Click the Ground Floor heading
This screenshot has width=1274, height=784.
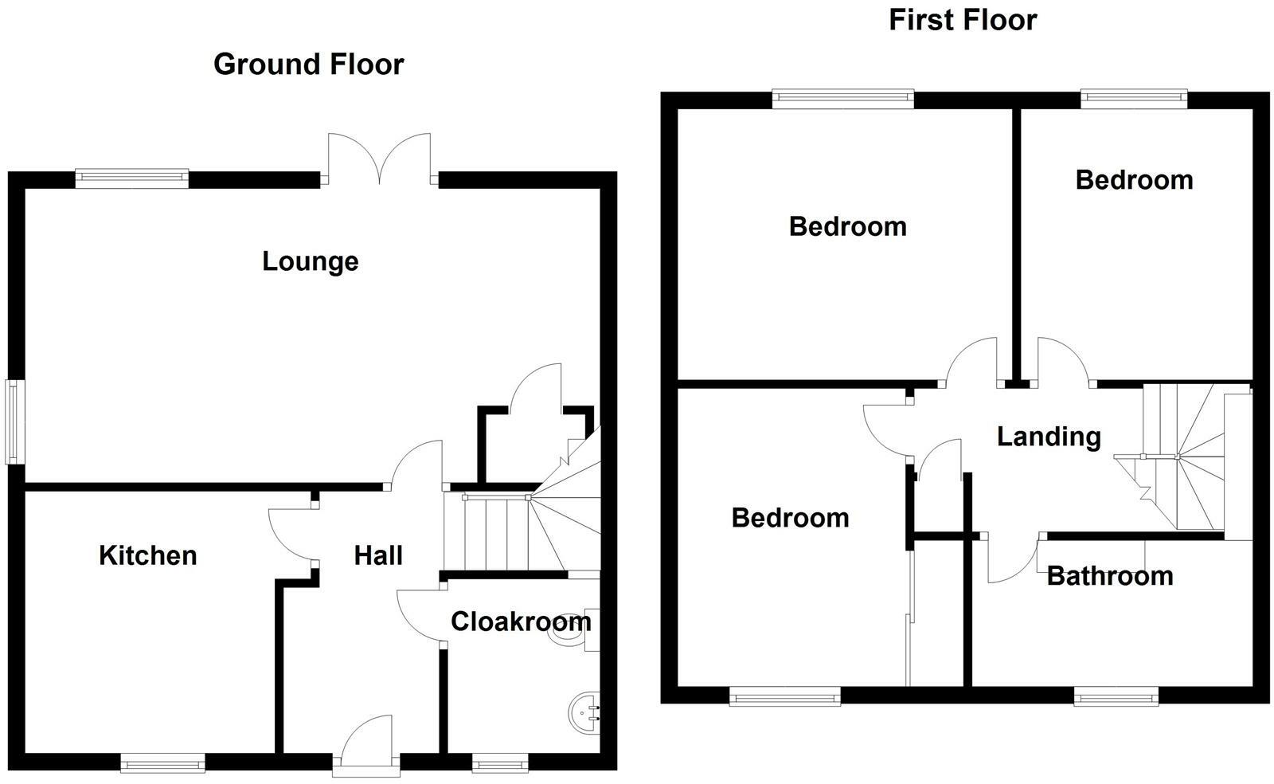pos(308,64)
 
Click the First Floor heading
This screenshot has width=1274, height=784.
pos(962,19)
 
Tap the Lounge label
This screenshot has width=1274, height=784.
pos(310,261)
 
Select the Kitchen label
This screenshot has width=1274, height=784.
pos(147,555)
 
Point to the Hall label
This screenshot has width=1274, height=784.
pos(378,555)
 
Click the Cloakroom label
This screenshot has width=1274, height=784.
pos(520,621)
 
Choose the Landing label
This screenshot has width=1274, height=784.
pos(1049,437)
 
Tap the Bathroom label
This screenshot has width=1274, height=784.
pos(1109,576)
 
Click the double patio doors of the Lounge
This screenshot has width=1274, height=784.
pos(380,159)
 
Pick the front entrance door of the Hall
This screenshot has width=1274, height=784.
pos(365,741)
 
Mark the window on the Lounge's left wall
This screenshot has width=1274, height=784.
pos(14,422)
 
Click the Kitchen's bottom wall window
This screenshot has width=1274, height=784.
pos(162,764)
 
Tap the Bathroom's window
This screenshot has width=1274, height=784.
pos(1116,698)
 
